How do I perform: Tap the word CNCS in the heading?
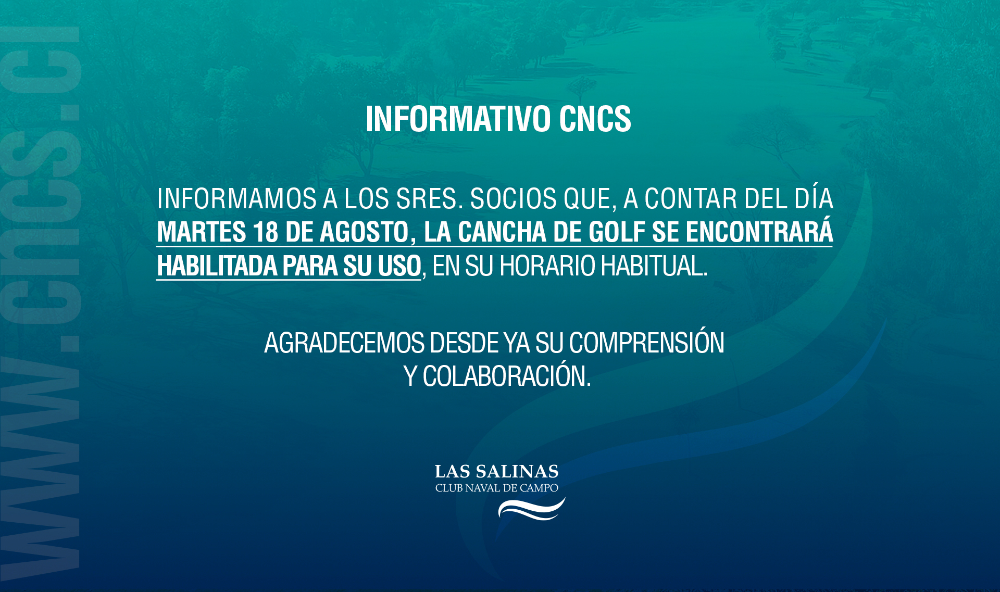coord(595,119)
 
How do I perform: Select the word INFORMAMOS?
coord(237,198)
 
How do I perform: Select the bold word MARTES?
coord(202,232)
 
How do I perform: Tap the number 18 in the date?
coord(266,232)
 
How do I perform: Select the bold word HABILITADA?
coord(217,266)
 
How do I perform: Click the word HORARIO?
coord(547,266)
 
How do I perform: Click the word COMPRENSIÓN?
coord(646,342)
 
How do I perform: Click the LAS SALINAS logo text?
coord(497,472)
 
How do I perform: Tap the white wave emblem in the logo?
coord(531,509)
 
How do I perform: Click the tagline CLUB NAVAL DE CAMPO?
coord(497,488)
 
